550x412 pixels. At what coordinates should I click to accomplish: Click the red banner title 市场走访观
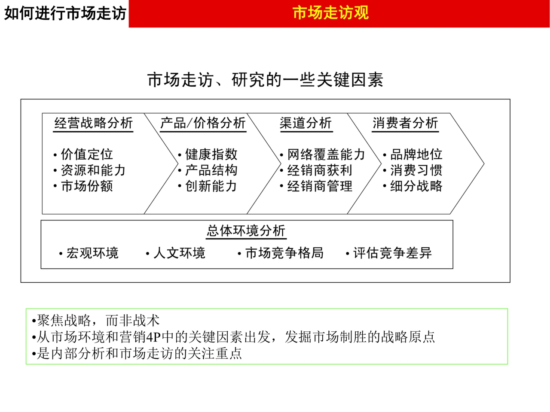(x=330, y=13)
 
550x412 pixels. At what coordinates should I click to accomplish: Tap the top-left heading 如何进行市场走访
(x=65, y=13)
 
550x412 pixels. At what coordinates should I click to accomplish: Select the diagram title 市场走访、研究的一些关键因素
(x=265, y=80)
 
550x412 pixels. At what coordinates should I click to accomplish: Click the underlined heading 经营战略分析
(x=94, y=123)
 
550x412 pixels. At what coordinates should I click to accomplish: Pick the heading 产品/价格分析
(x=203, y=123)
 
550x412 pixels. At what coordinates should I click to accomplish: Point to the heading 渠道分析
(x=306, y=123)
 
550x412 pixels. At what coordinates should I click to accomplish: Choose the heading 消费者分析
(x=405, y=123)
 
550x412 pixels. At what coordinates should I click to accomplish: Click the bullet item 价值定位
(x=87, y=154)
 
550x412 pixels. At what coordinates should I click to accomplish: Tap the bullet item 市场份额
(x=87, y=186)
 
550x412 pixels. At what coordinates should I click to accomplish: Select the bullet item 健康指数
(x=211, y=154)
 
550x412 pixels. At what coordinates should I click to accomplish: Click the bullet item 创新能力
(x=211, y=186)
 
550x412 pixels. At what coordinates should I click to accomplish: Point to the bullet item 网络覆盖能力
(x=326, y=154)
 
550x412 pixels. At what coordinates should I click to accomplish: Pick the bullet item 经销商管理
(x=320, y=186)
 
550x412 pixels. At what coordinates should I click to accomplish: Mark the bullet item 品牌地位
(x=416, y=154)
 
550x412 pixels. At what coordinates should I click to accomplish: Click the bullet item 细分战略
(x=416, y=186)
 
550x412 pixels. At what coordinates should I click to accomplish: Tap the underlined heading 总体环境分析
(x=246, y=230)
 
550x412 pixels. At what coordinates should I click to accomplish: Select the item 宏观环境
(x=92, y=253)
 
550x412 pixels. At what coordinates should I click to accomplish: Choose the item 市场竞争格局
(x=284, y=253)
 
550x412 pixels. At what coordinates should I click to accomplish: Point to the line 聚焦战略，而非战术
(x=98, y=321)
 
